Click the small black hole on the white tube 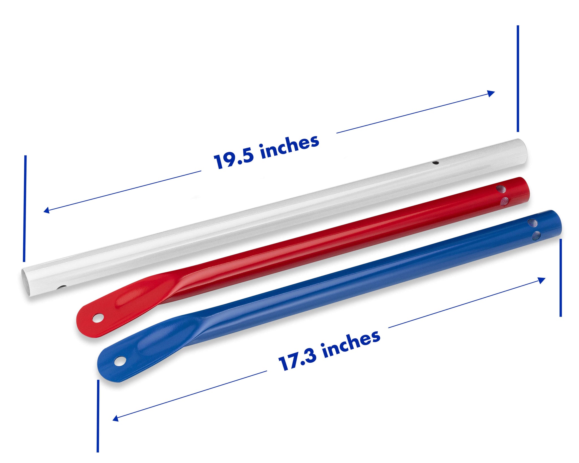(238, 163)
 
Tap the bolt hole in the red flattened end (98, 318)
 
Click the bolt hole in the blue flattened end (120, 361)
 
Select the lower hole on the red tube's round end (504, 201)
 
